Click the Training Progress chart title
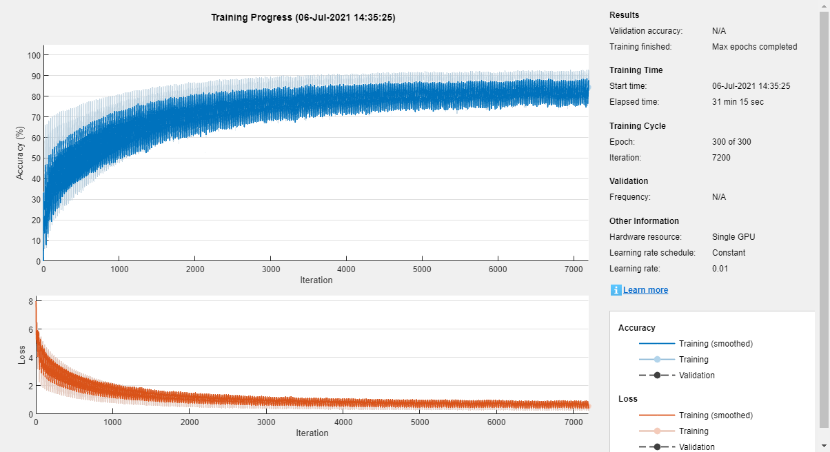coord(303,18)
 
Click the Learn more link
coord(645,290)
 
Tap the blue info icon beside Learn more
coord(616,290)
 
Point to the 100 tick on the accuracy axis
coord(33,55)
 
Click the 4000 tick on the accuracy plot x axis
coord(346,269)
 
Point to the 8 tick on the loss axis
coord(31,301)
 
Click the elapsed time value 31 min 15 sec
coord(738,102)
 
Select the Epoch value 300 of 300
coord(731,142)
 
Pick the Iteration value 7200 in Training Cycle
coord(721,158)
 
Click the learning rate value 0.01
coord(720,269)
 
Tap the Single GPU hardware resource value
coord(733,237)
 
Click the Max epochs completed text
coord(754,47)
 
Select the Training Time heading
coord(636,70)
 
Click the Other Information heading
coord(644,221)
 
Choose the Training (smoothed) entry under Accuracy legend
coord(716,344)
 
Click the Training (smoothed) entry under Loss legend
coord(716,415)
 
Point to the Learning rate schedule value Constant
coord(729,253)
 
